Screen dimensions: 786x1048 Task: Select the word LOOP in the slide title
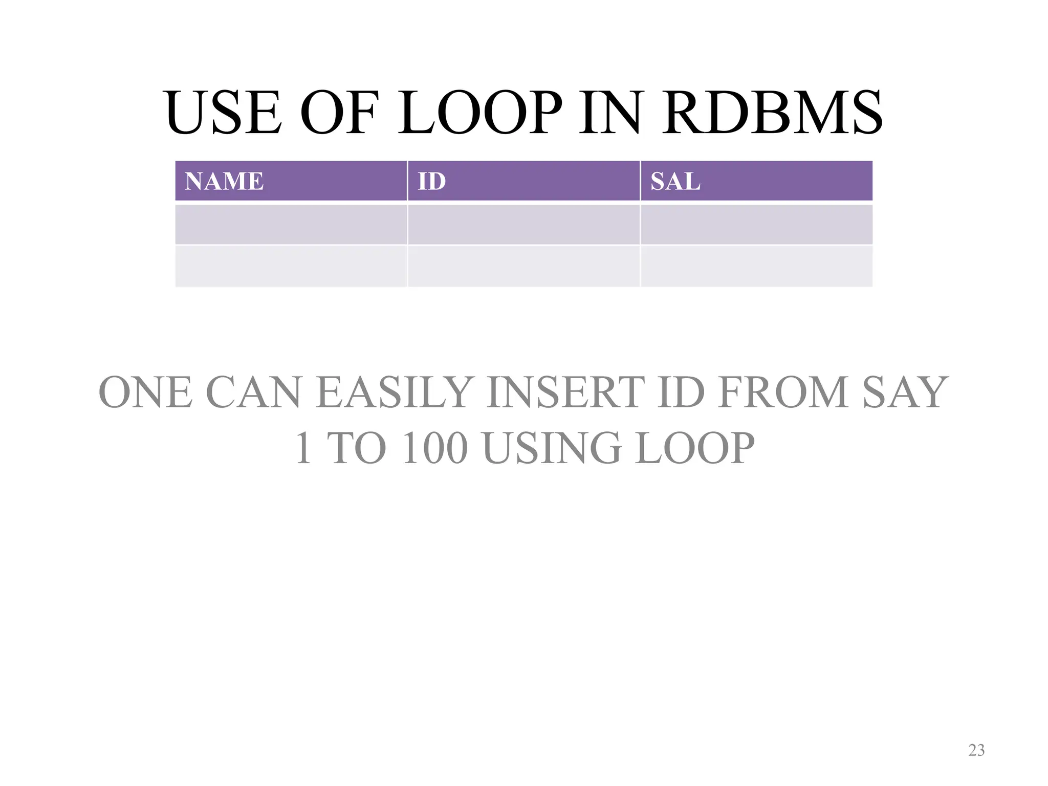480,114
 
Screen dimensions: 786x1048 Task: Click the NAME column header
224,181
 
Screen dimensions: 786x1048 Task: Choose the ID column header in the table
432,181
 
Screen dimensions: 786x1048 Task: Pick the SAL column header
675,181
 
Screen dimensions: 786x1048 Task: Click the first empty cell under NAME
291,225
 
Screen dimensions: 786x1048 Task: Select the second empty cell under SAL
756,266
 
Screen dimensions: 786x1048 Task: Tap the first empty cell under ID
523,225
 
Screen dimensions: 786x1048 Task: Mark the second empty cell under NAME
291,266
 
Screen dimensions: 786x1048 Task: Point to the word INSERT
563,393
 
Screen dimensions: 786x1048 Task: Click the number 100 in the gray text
435,448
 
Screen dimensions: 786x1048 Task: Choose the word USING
552,448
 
